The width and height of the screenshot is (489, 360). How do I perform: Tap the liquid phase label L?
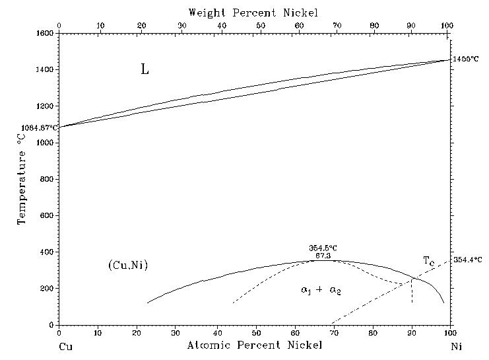145,69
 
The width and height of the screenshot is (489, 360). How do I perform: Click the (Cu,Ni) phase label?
127,266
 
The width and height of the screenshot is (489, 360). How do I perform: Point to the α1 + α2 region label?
321,291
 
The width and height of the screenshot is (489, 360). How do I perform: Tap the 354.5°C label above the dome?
323,248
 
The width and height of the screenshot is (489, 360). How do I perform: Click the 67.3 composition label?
323,255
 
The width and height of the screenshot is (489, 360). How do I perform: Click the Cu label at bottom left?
65,345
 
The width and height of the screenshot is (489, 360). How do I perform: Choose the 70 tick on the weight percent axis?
337,26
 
